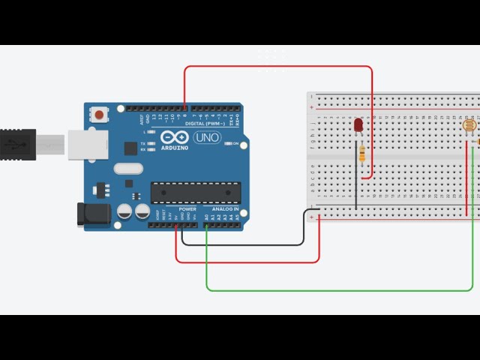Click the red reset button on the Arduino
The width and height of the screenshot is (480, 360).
[x=99, y=115]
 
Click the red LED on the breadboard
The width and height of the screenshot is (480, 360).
[x=358, y=124]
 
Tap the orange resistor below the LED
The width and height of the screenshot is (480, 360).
[x=363, y=154]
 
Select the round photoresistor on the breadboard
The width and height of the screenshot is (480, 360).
[x=470, y=126]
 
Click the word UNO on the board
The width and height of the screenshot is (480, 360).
[x=207, y=138]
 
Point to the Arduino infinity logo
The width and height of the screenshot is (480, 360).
[x=174, y=138]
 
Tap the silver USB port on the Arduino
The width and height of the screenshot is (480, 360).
[x=85, y=145]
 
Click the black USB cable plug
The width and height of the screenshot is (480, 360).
[x=17, y=144]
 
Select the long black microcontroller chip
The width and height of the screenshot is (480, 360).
[x=196, y=193]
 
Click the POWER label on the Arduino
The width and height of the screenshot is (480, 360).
[x=187, y=209]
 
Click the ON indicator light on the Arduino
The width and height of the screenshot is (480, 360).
[x=228, y=143]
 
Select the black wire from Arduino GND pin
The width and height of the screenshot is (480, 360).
[x=247, y=244]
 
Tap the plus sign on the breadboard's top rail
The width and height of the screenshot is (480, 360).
[x=312, y=107]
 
